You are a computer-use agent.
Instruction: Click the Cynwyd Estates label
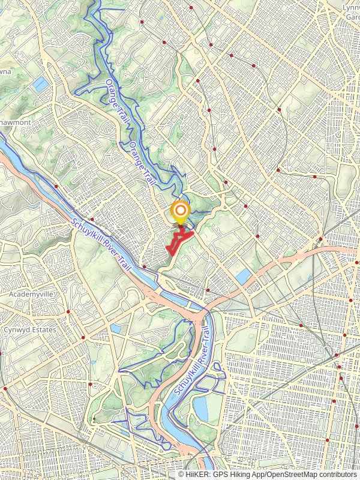click(x=29, y=330)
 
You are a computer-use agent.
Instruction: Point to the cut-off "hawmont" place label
click(x=14, y=122)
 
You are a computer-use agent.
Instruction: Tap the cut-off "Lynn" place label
click(x=350, y=7)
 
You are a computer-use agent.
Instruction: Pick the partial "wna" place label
click(x=6, y=71)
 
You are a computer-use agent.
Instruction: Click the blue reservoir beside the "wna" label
click(x=41, y=85)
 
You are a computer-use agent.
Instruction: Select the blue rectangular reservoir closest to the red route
click(x=244, y=276)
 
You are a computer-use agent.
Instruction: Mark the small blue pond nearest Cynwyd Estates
click(x=116, y=329)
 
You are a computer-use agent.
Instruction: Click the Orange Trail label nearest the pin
click(x=143, y=164)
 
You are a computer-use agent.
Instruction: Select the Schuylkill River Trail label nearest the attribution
click(x=194, y=361)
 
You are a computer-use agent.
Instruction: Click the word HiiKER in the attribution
click(x=197, y=474)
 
